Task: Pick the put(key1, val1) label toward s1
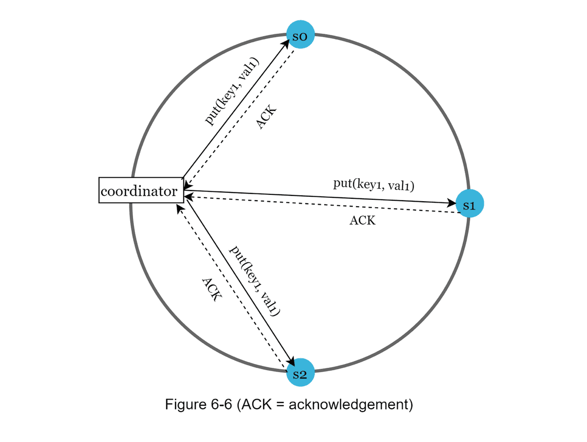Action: point(374,185)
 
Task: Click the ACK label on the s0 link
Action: point(267,117)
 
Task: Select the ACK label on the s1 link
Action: point(362,220)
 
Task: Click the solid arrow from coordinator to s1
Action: point(318,196)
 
